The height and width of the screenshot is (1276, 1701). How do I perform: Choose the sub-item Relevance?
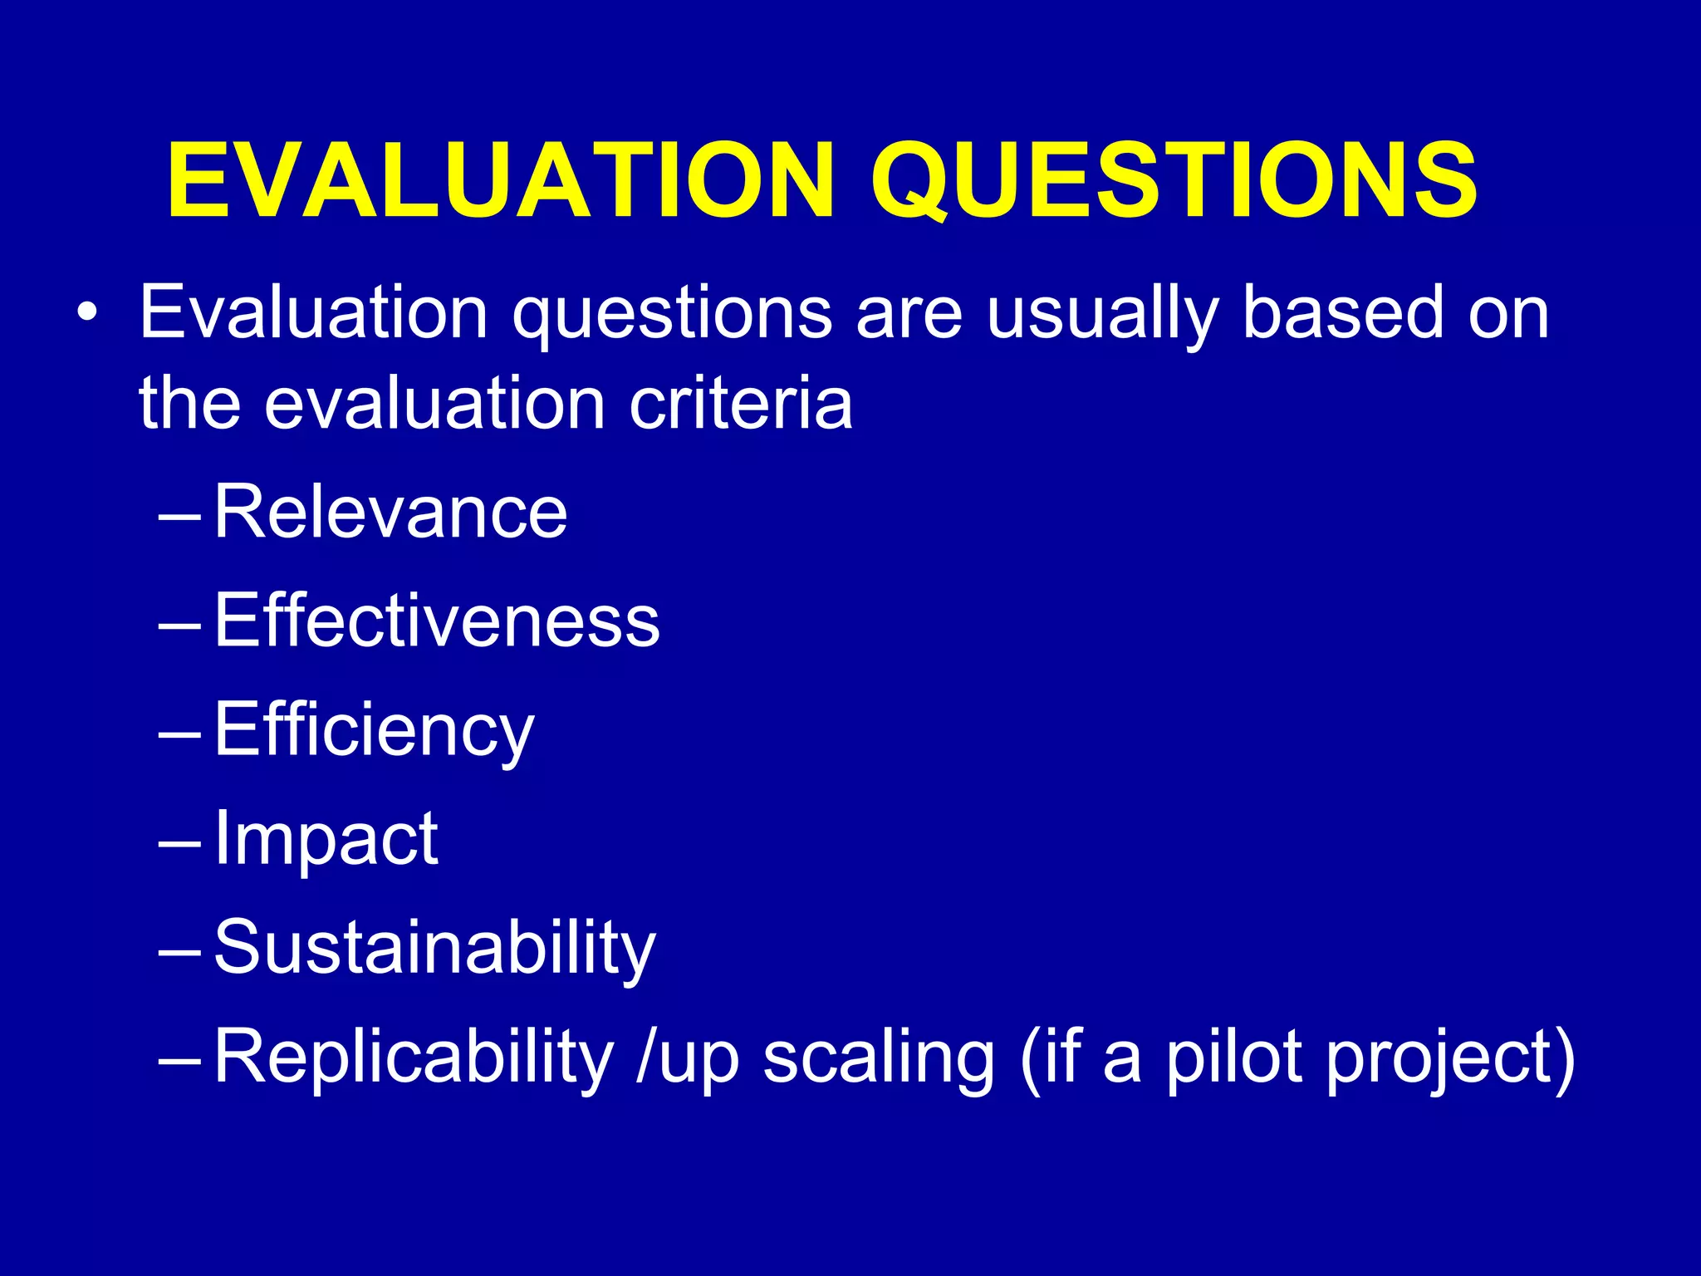coord(390,512)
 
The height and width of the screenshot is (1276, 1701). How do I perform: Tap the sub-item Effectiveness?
coord(437,621)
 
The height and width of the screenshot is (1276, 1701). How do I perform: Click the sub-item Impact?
coord(326,838)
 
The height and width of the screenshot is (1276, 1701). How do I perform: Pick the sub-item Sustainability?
coord(434,948)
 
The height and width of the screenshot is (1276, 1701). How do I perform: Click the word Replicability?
coord(414,1058)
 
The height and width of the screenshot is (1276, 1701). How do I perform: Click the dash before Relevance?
coord(179,516)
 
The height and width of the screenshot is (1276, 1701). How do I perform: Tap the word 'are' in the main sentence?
coord(909,316)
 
